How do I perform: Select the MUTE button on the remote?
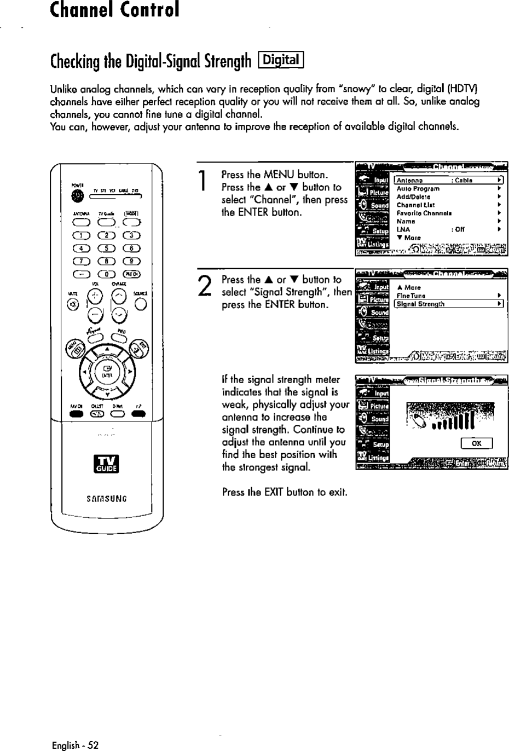click(75, 304)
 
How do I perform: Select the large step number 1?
click(203, 180)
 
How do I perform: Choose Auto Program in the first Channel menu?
click(418, 188)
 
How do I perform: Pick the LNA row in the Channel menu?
click(403, 230)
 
